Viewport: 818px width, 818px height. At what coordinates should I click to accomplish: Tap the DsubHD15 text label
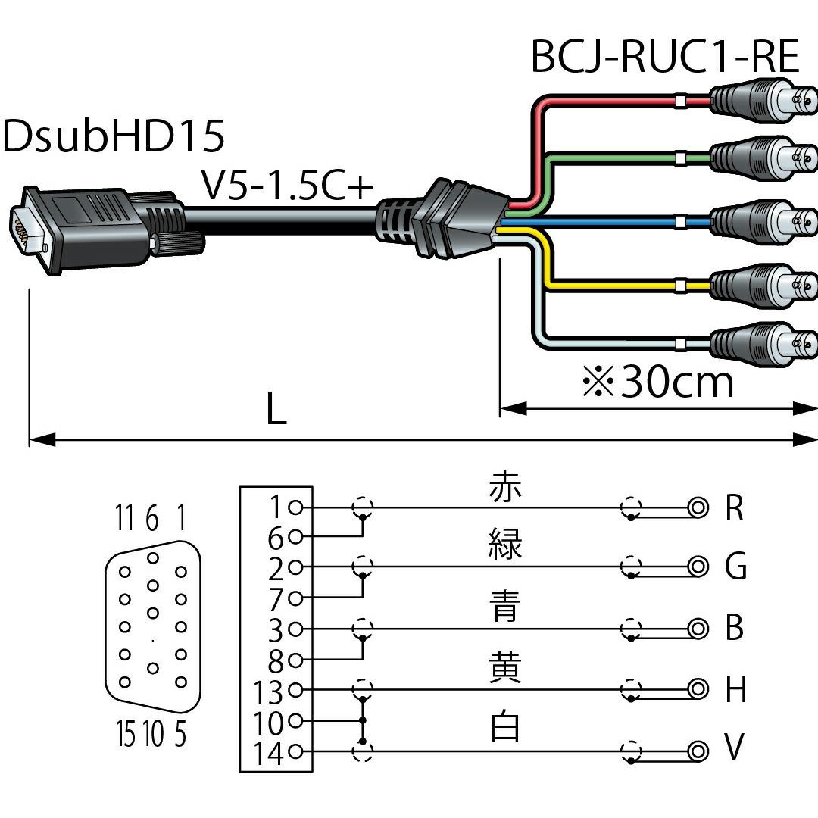(x=114, y=138)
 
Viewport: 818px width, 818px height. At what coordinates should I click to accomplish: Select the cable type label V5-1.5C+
(x=288, y=186)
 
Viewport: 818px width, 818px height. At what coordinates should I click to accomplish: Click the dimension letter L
(x=276, y=411)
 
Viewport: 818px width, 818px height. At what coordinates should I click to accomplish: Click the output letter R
(x=734, y=509)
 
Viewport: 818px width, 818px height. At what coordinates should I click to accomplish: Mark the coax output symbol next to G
(x=698, y=566)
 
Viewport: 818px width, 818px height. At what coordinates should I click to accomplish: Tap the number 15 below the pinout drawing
(x=126, y=733)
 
